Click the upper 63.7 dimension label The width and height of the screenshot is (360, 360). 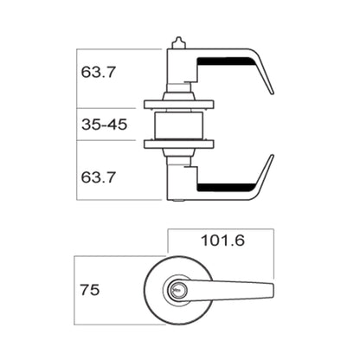[x=99, y=73]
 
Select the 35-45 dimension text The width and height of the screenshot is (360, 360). [x=105, y=125]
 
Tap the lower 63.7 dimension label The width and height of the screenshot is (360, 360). [x=99, y=177]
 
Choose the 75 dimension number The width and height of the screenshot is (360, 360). [x=89, y=290]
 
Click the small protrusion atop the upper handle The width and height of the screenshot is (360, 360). [x=178, y=41]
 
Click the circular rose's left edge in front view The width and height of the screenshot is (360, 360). [x=142, y=291]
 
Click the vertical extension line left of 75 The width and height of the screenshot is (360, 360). [x=75, y=290]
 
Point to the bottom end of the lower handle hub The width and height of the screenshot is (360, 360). [x=177, y=201]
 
